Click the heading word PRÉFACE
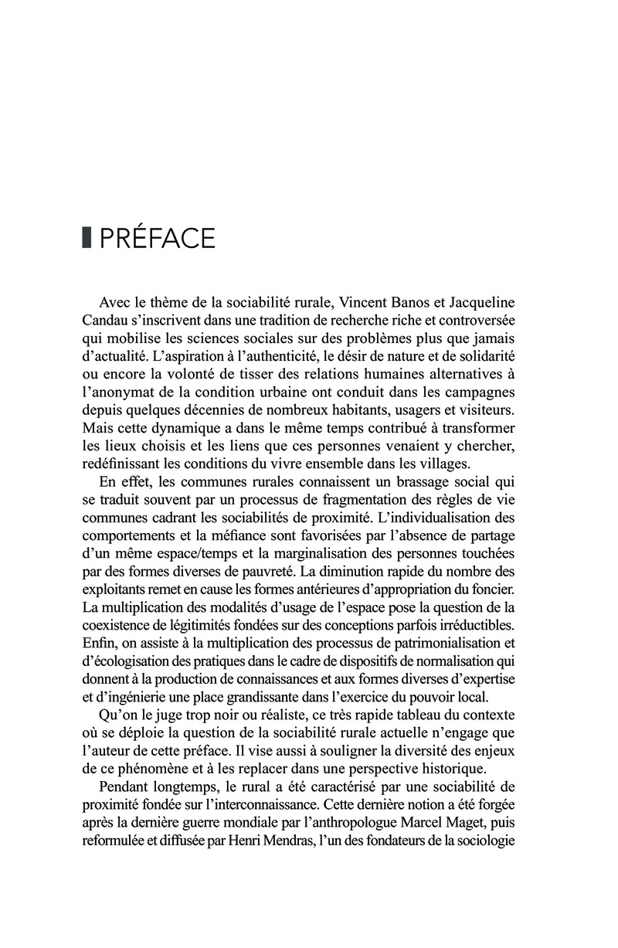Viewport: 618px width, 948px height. coord(157,239)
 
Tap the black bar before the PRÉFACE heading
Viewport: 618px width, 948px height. coord(87,239)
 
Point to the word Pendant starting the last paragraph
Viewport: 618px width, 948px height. coord(127,783)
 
